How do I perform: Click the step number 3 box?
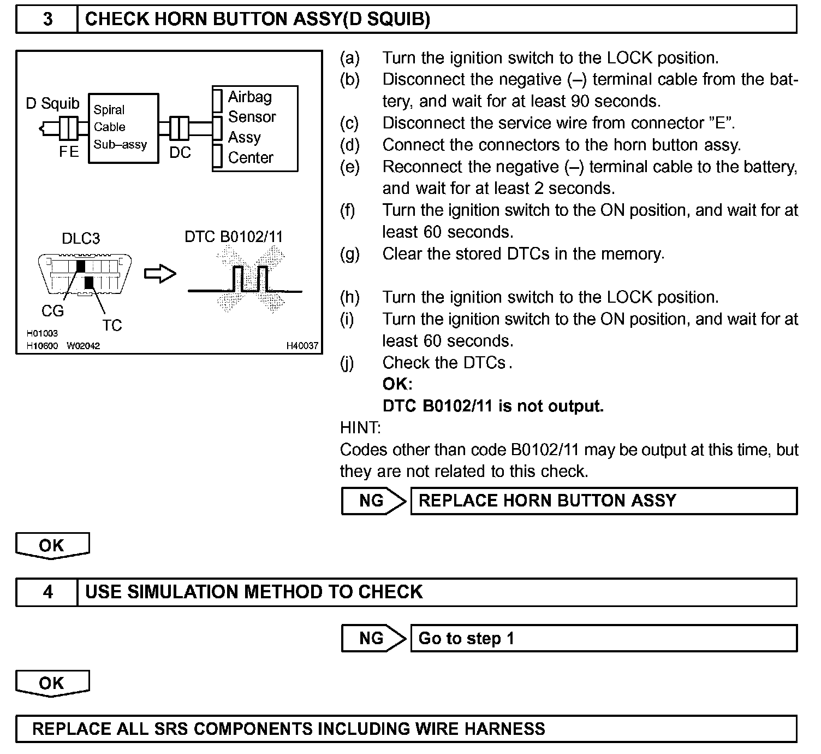pyautogui.click(x=47, y=19)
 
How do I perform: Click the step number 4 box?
pyautogui.click(x=47, y=592)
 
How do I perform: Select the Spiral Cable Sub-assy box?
pyautogui.click(x=123, y=127)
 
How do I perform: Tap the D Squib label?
pyautogui.click(x=52, y=103)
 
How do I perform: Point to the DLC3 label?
pyautogui.click(x=81, y=238)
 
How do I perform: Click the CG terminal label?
pyautogui.click(x=52, y=311)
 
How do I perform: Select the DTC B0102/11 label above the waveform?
pyautogui.click(x=234, y=237)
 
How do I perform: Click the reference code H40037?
pyautogui.click(x=302, y=346)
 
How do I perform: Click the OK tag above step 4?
pyautogui.click(x=52, y=545)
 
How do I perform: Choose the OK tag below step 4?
pyautogui.click(x=52, y=683)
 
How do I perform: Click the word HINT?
pyautogui.click(x=360, y=427)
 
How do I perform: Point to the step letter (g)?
pyautogui.click(x=349, y=254)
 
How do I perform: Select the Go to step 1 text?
pyautogui.click(x=466, y=638)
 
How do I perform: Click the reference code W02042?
pyautogui.click(x=84, y=346)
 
